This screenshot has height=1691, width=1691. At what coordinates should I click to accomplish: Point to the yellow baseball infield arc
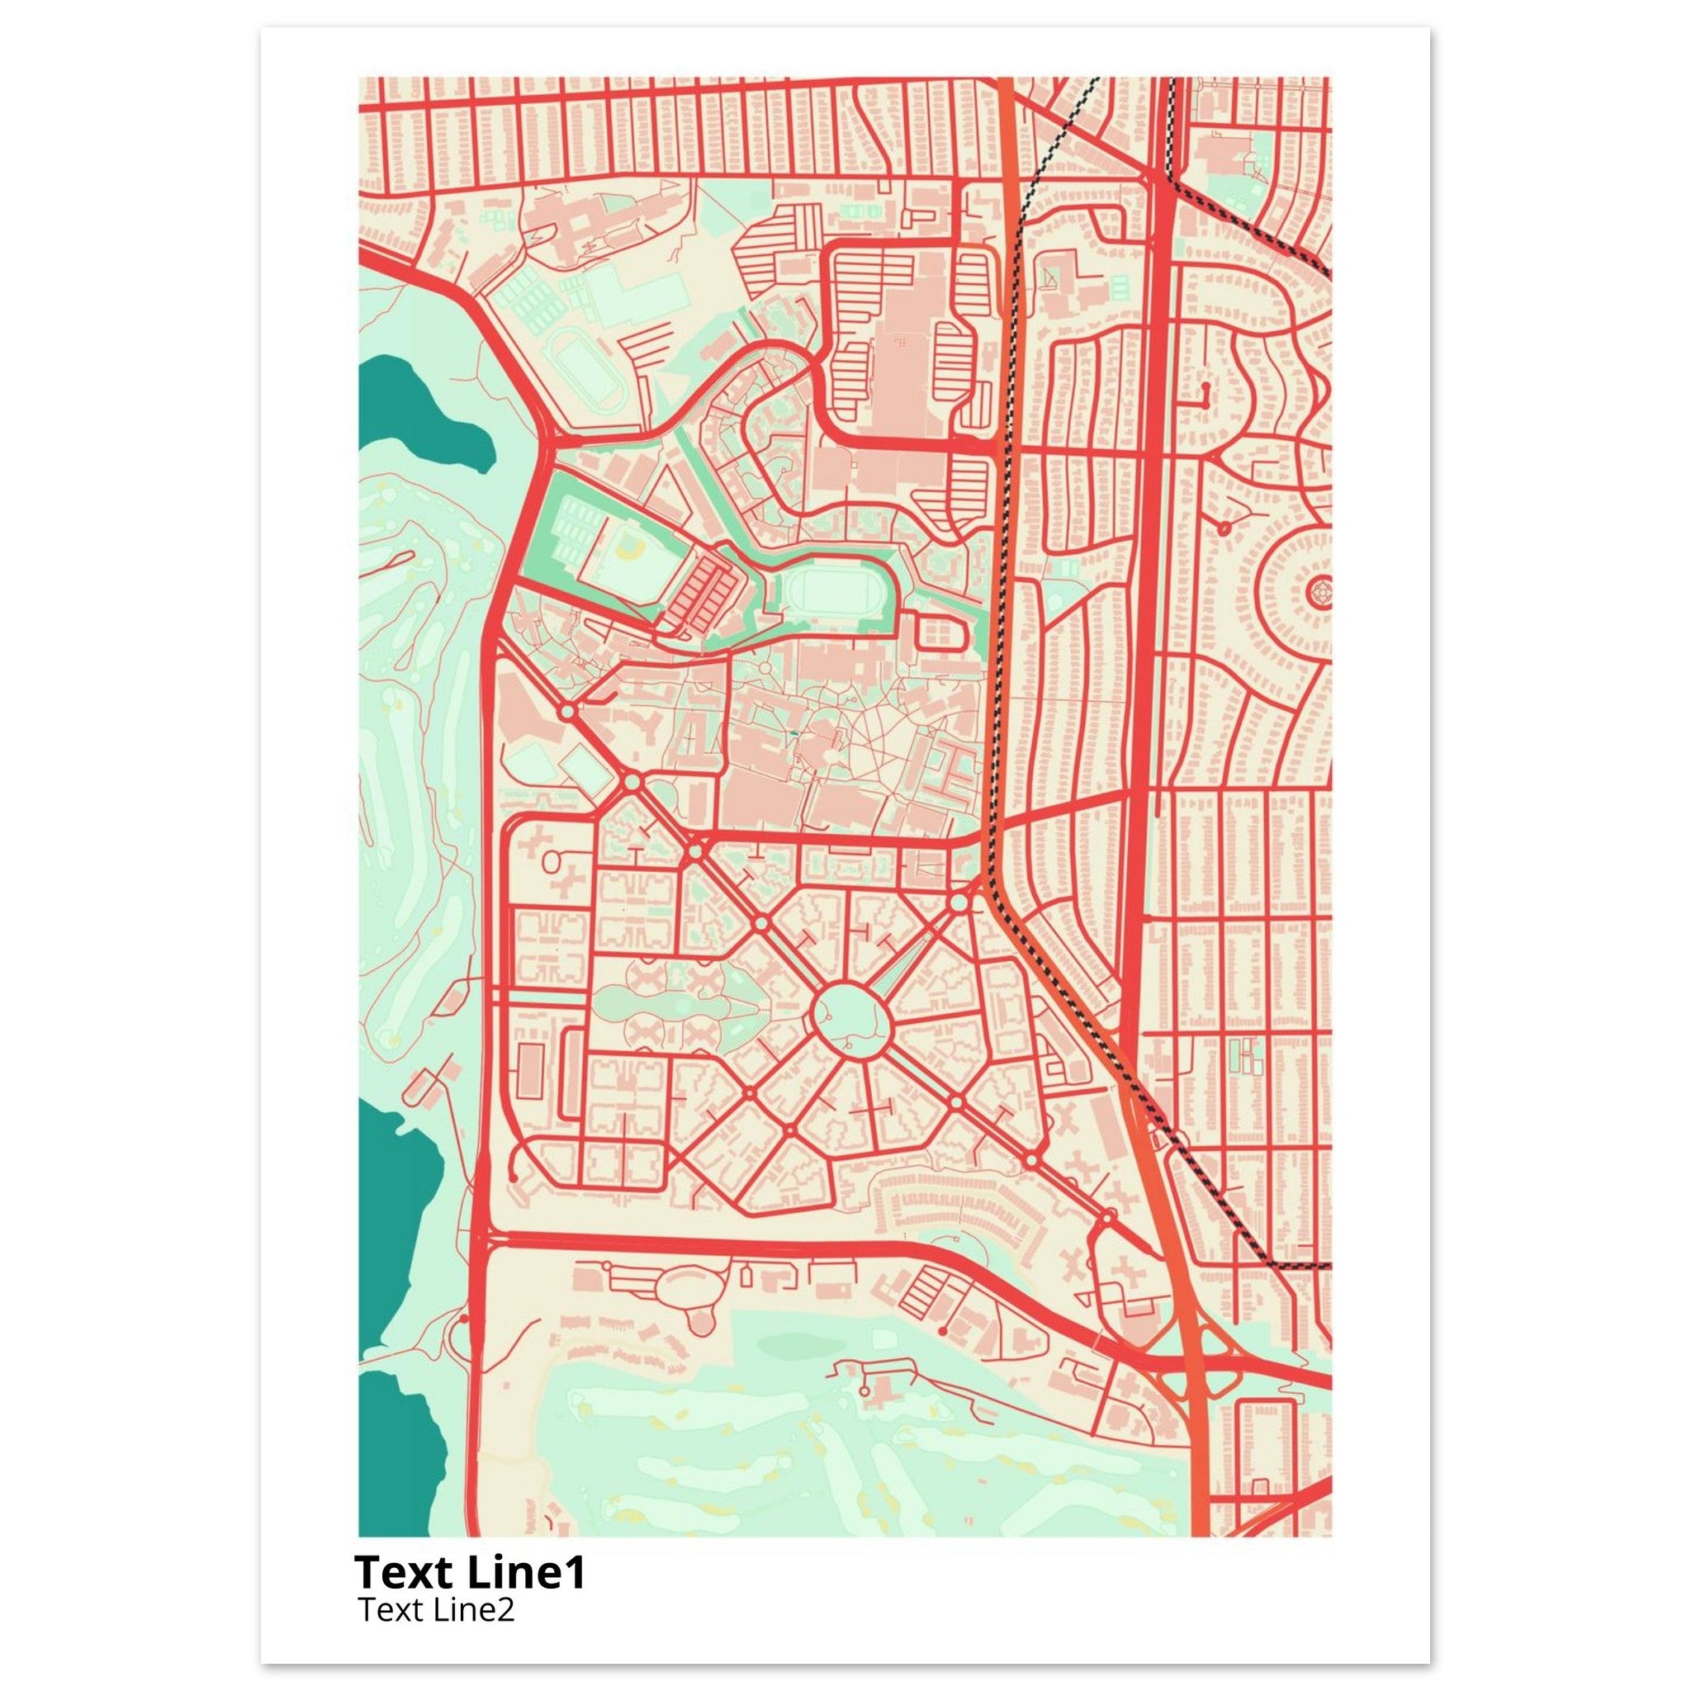pyautogui.click(x=629, y=549)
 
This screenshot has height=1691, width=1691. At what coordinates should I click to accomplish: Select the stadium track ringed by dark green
pyautogui.click(x=822, y=593)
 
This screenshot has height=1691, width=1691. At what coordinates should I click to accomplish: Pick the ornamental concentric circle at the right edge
pyautogui.click(x=1318, y=594)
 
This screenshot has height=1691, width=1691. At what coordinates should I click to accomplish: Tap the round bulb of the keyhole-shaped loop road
pyautogui.click(x=700, y=1345)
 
